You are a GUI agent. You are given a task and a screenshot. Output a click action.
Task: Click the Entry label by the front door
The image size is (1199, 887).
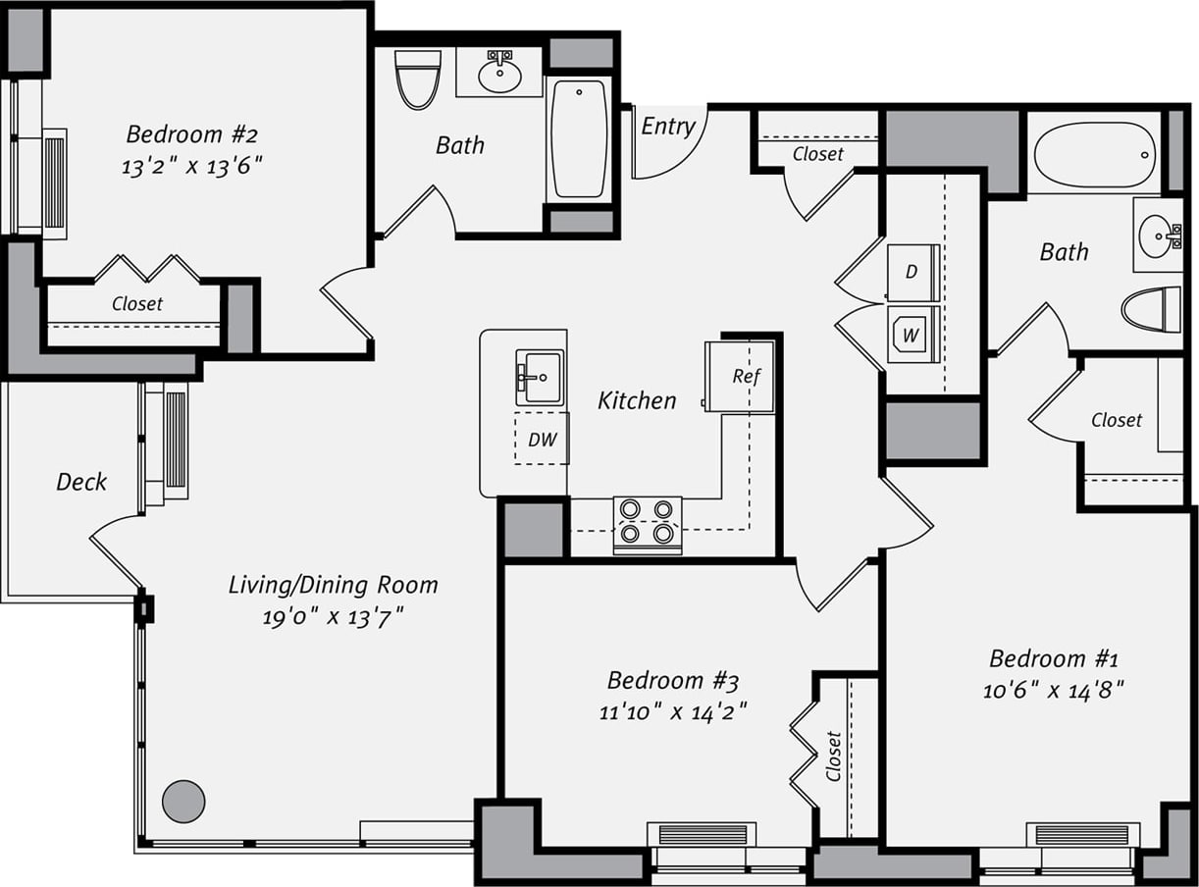tap(668, 127)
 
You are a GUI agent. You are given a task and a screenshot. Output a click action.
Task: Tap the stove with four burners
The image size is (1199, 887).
tap(648, 521)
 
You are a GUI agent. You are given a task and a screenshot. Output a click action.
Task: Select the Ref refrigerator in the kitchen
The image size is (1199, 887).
tap(742, 376)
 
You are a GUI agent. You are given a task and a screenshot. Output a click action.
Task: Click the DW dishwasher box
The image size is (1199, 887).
tap(542, 439)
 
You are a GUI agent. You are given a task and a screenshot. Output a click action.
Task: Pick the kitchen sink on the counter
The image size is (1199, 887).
tap(540, 377)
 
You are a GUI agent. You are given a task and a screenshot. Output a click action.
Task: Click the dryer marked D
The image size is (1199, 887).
tap(912, 272)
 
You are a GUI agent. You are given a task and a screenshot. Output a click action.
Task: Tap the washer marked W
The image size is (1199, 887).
tap(912, 335)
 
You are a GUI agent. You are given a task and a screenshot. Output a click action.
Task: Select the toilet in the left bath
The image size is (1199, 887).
tap(418, 78)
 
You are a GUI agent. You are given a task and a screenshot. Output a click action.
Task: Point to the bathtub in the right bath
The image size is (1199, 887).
tap(1094, 155)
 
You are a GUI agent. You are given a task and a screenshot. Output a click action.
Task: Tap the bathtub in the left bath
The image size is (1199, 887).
tap(579, 138)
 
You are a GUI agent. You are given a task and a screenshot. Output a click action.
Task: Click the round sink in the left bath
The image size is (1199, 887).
tap(499, 74)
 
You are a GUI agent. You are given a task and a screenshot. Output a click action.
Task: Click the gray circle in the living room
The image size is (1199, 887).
tap(183, 801)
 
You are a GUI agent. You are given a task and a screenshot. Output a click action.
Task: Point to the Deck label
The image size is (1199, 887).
tap(81, 482)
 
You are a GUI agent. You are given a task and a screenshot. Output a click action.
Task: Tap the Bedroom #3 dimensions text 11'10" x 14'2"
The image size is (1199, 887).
tap(673, 711)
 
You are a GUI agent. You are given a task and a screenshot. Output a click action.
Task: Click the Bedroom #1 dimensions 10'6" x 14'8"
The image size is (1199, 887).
tap(1053, 690)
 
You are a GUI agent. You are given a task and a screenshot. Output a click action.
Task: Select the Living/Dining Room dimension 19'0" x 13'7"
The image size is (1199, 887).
tap(333, 618)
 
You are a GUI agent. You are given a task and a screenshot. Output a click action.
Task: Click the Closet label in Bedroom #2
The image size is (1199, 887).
tap(137, 303)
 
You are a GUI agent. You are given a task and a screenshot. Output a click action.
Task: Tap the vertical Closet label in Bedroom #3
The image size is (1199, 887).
tap(834, 756)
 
